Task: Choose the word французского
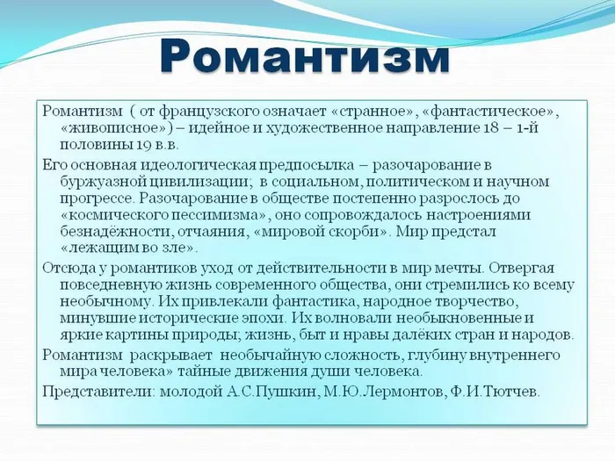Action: [206, 112]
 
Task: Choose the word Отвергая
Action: [523, 268]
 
